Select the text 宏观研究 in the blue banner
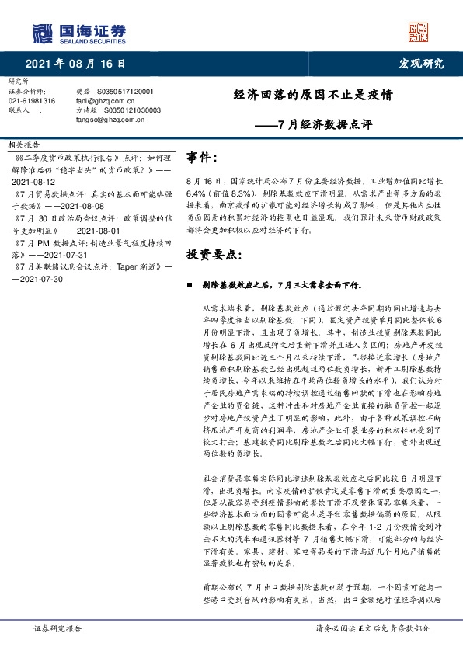coord(421,63)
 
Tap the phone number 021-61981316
coord(32,101)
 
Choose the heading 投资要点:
coord(214,253)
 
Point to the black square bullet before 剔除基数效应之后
coord(190,285)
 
